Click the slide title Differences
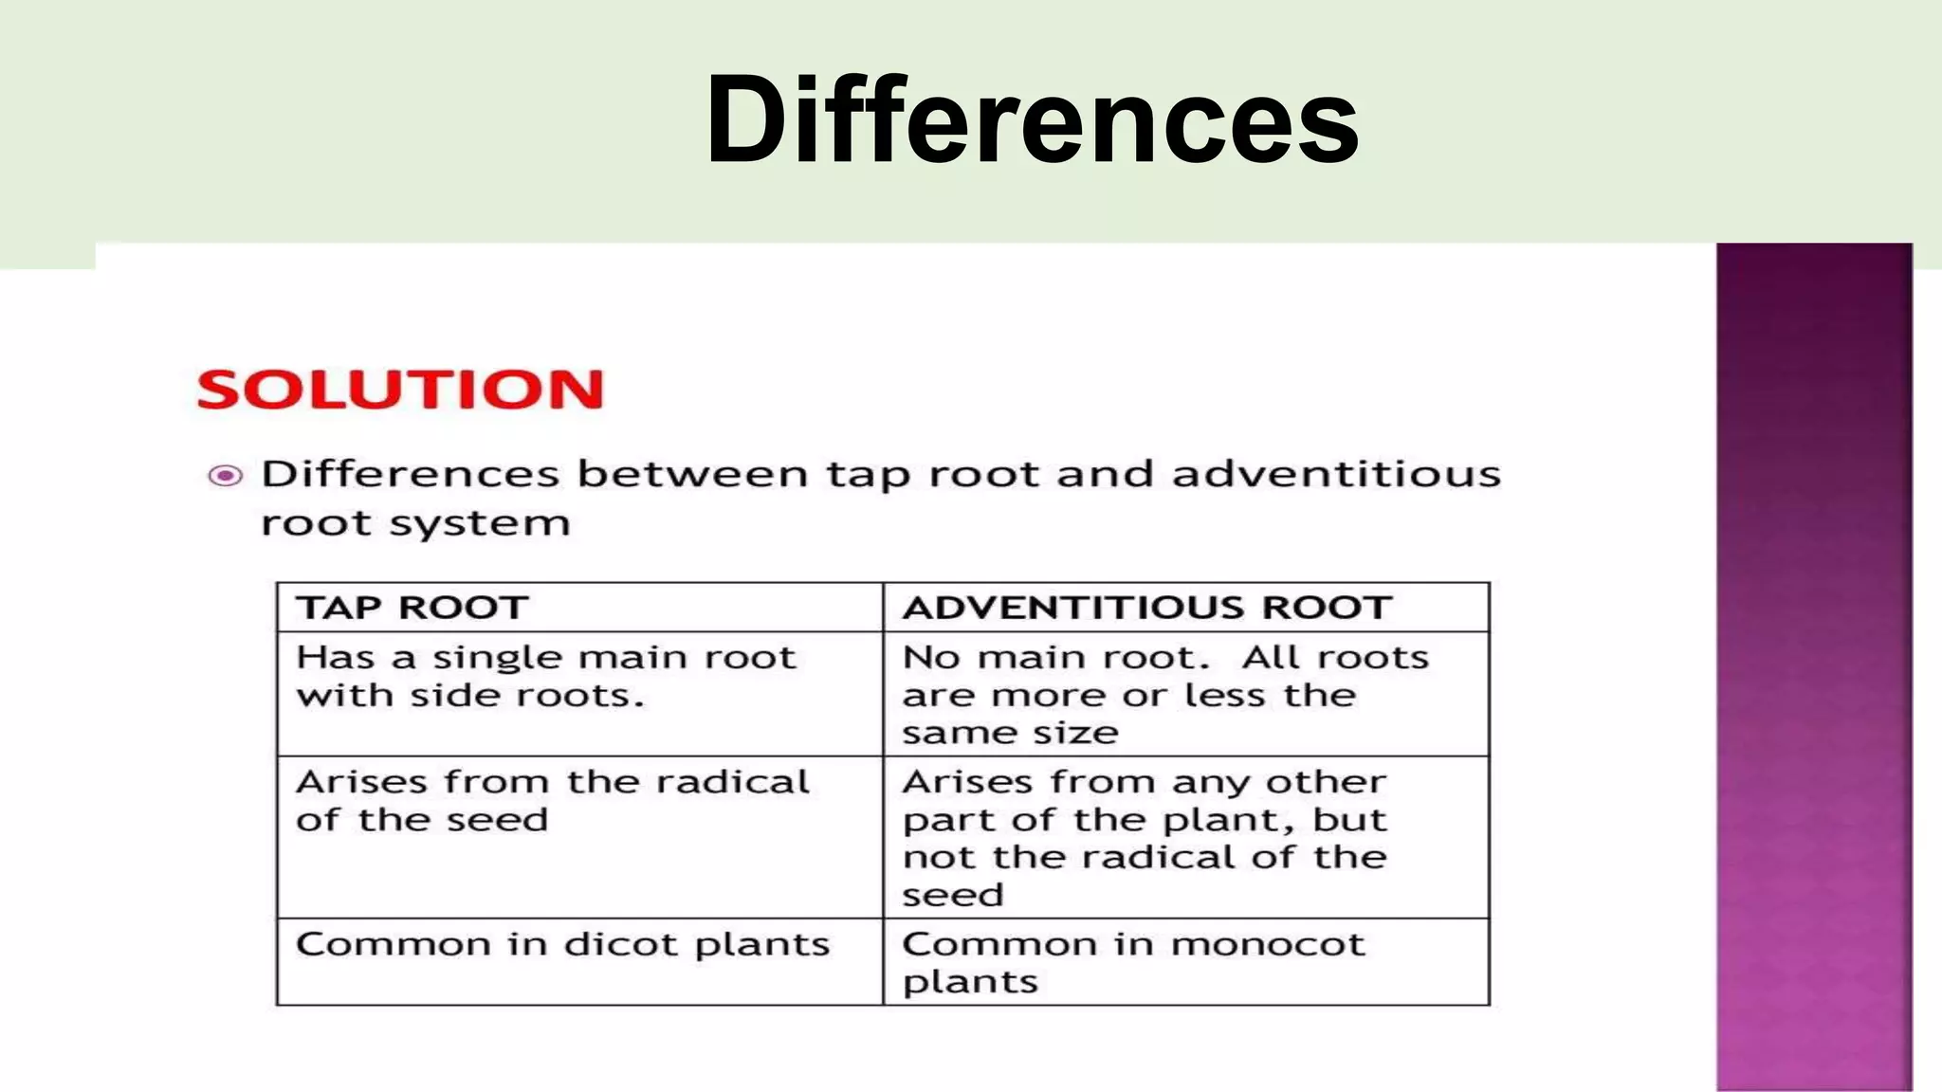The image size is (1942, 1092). (x=1032, y=120)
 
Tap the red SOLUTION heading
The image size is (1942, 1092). (x=399, y=390)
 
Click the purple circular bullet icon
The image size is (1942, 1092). (x=226, y=475)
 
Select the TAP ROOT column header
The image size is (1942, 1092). (x=412, y=608)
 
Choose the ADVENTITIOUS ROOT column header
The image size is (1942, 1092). (x=1147, y=608)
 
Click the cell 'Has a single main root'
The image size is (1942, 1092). (x=545, y=676)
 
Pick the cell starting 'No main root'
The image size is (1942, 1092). (x=1164, y=694)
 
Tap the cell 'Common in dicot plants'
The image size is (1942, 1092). (x=562, y=944)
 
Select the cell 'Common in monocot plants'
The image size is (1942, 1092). (x=1133, y=961)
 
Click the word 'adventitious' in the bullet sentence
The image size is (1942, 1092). (x=1336, y=474)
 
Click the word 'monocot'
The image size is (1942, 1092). (x=1267, y=944)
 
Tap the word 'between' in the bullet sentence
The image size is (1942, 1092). (x=692, y=474)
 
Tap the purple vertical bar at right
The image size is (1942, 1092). (x=1813, y=664)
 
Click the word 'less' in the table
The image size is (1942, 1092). (x=1225, y=695)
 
